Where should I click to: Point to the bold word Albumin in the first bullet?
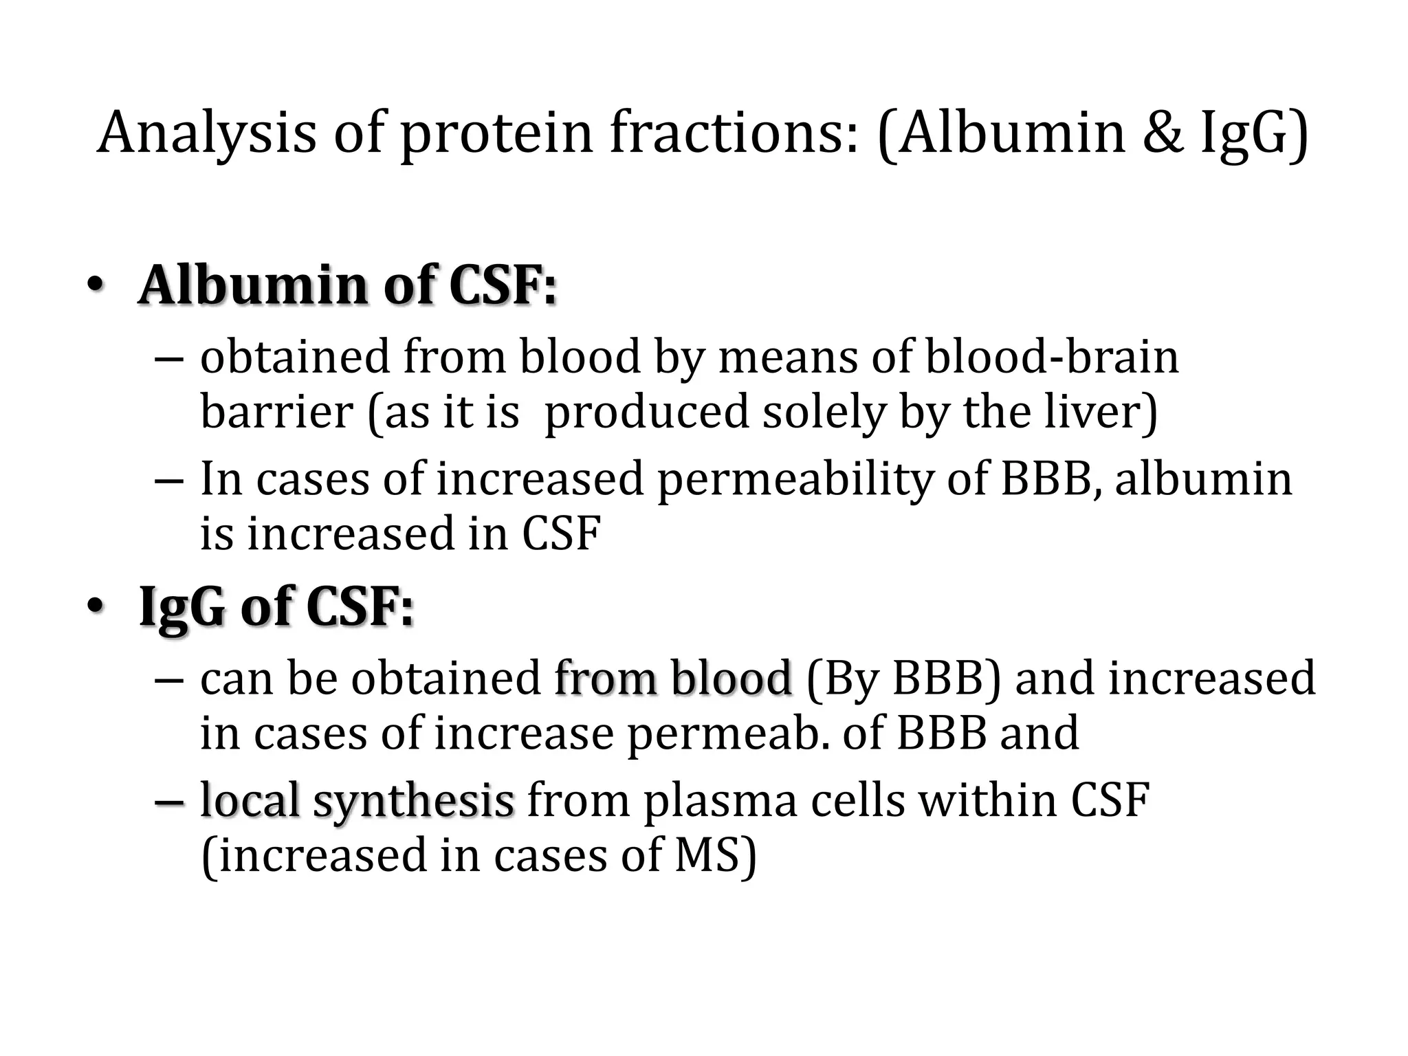pos(253,285)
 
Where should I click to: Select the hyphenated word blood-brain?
pos(1052,357)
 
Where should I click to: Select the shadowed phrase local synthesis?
pos(357,802)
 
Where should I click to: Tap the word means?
pos(787,357)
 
